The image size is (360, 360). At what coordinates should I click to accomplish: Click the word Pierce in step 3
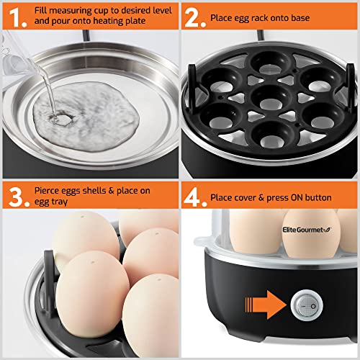pos(50,192)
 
